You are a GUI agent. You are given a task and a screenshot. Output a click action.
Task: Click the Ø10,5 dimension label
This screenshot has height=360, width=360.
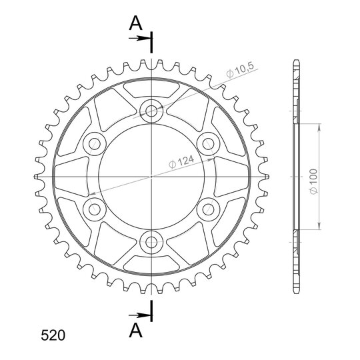tap(240, 70)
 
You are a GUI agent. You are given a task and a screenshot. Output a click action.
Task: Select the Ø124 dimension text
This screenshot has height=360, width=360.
tap(181, 161)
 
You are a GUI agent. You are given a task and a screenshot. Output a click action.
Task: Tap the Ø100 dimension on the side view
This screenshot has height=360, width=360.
tap(313, 181)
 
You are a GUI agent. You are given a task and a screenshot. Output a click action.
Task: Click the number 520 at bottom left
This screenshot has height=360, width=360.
tap(53, 335)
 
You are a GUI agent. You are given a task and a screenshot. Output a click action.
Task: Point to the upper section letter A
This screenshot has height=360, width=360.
tap(136, 23)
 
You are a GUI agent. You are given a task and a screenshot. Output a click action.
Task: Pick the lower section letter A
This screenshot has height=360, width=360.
tap(136, 330)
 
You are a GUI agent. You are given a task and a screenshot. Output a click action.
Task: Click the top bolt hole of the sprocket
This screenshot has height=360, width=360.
tap(151, 111)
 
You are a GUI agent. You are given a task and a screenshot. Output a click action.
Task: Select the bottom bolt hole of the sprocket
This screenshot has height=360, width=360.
tap(151, 242)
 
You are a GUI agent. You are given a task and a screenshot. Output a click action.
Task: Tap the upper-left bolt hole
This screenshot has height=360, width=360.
tap(95, 144)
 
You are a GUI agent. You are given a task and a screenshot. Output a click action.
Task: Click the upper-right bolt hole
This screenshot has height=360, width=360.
tap(208, 144)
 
